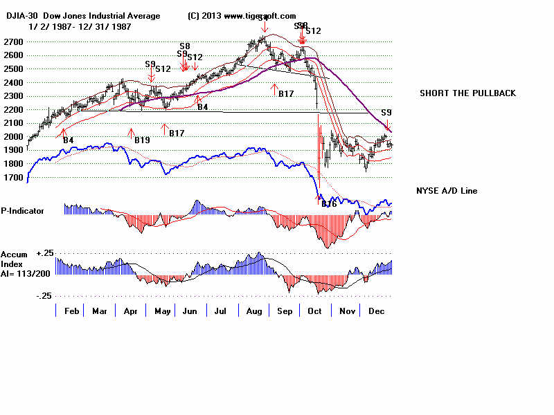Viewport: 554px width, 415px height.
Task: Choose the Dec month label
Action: point(377,312)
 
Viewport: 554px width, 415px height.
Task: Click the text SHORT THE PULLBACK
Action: point(467,93)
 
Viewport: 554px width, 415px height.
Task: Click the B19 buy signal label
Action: point(142,140)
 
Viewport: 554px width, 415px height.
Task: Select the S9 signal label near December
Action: point(386,112)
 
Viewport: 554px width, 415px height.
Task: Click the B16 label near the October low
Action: point(328,203)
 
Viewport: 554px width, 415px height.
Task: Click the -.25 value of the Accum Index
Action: point(44,295)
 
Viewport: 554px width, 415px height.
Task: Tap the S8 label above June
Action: point(185,46)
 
